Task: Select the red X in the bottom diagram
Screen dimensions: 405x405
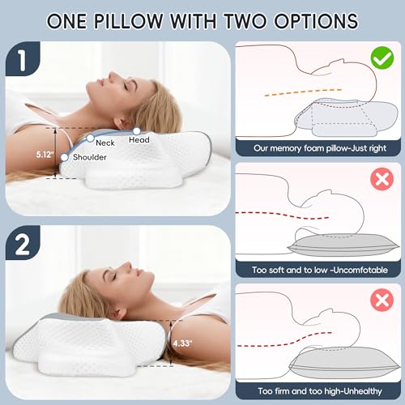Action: [x=379, y=304]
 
